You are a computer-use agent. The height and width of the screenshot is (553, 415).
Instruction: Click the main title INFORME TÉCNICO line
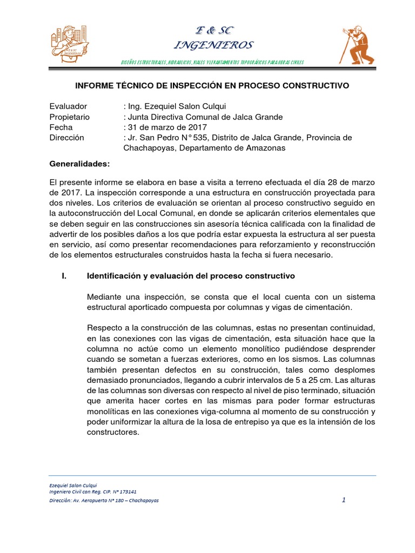point(211,86)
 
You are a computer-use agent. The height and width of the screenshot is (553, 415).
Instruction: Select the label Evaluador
point(68,106)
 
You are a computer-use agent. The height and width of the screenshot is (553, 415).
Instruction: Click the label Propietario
point(70,117)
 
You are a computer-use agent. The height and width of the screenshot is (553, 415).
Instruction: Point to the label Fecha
point(61,127)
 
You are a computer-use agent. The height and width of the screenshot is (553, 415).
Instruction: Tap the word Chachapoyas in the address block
point(149,148)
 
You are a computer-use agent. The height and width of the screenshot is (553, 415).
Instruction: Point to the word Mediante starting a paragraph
point(104,298)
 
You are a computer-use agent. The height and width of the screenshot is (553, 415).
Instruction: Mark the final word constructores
point(112,433)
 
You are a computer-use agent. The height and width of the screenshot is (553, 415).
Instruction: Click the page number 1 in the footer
point(344,500)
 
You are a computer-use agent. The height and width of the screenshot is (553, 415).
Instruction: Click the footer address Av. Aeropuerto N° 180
point(104,501)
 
